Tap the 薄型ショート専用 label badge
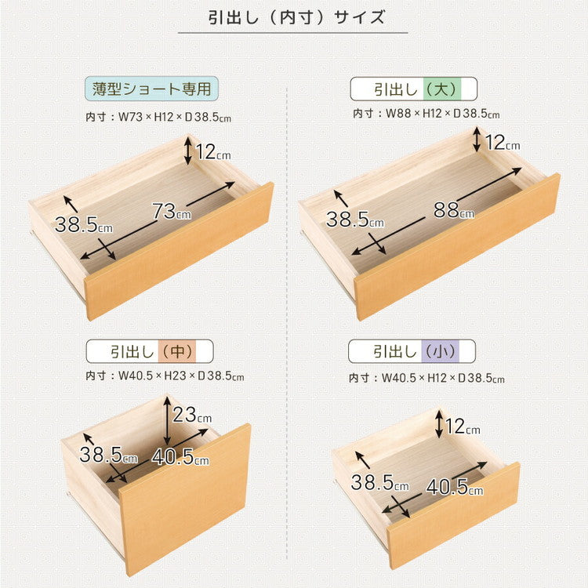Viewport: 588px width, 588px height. pyautogui.click(x=151, y=89)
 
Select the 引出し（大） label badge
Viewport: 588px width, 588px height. pyautogui.click(x=414, y=88)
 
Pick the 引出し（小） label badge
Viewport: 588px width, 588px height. pyautogui.click(x=412, y=350)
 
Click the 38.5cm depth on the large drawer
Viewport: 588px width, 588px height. pyautogui.click(x=352, y=220)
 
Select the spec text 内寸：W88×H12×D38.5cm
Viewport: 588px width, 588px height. pyautogui.click(x=426, y=114)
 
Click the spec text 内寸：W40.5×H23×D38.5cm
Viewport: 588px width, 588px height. pyautogui.click(x=165, y=376)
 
